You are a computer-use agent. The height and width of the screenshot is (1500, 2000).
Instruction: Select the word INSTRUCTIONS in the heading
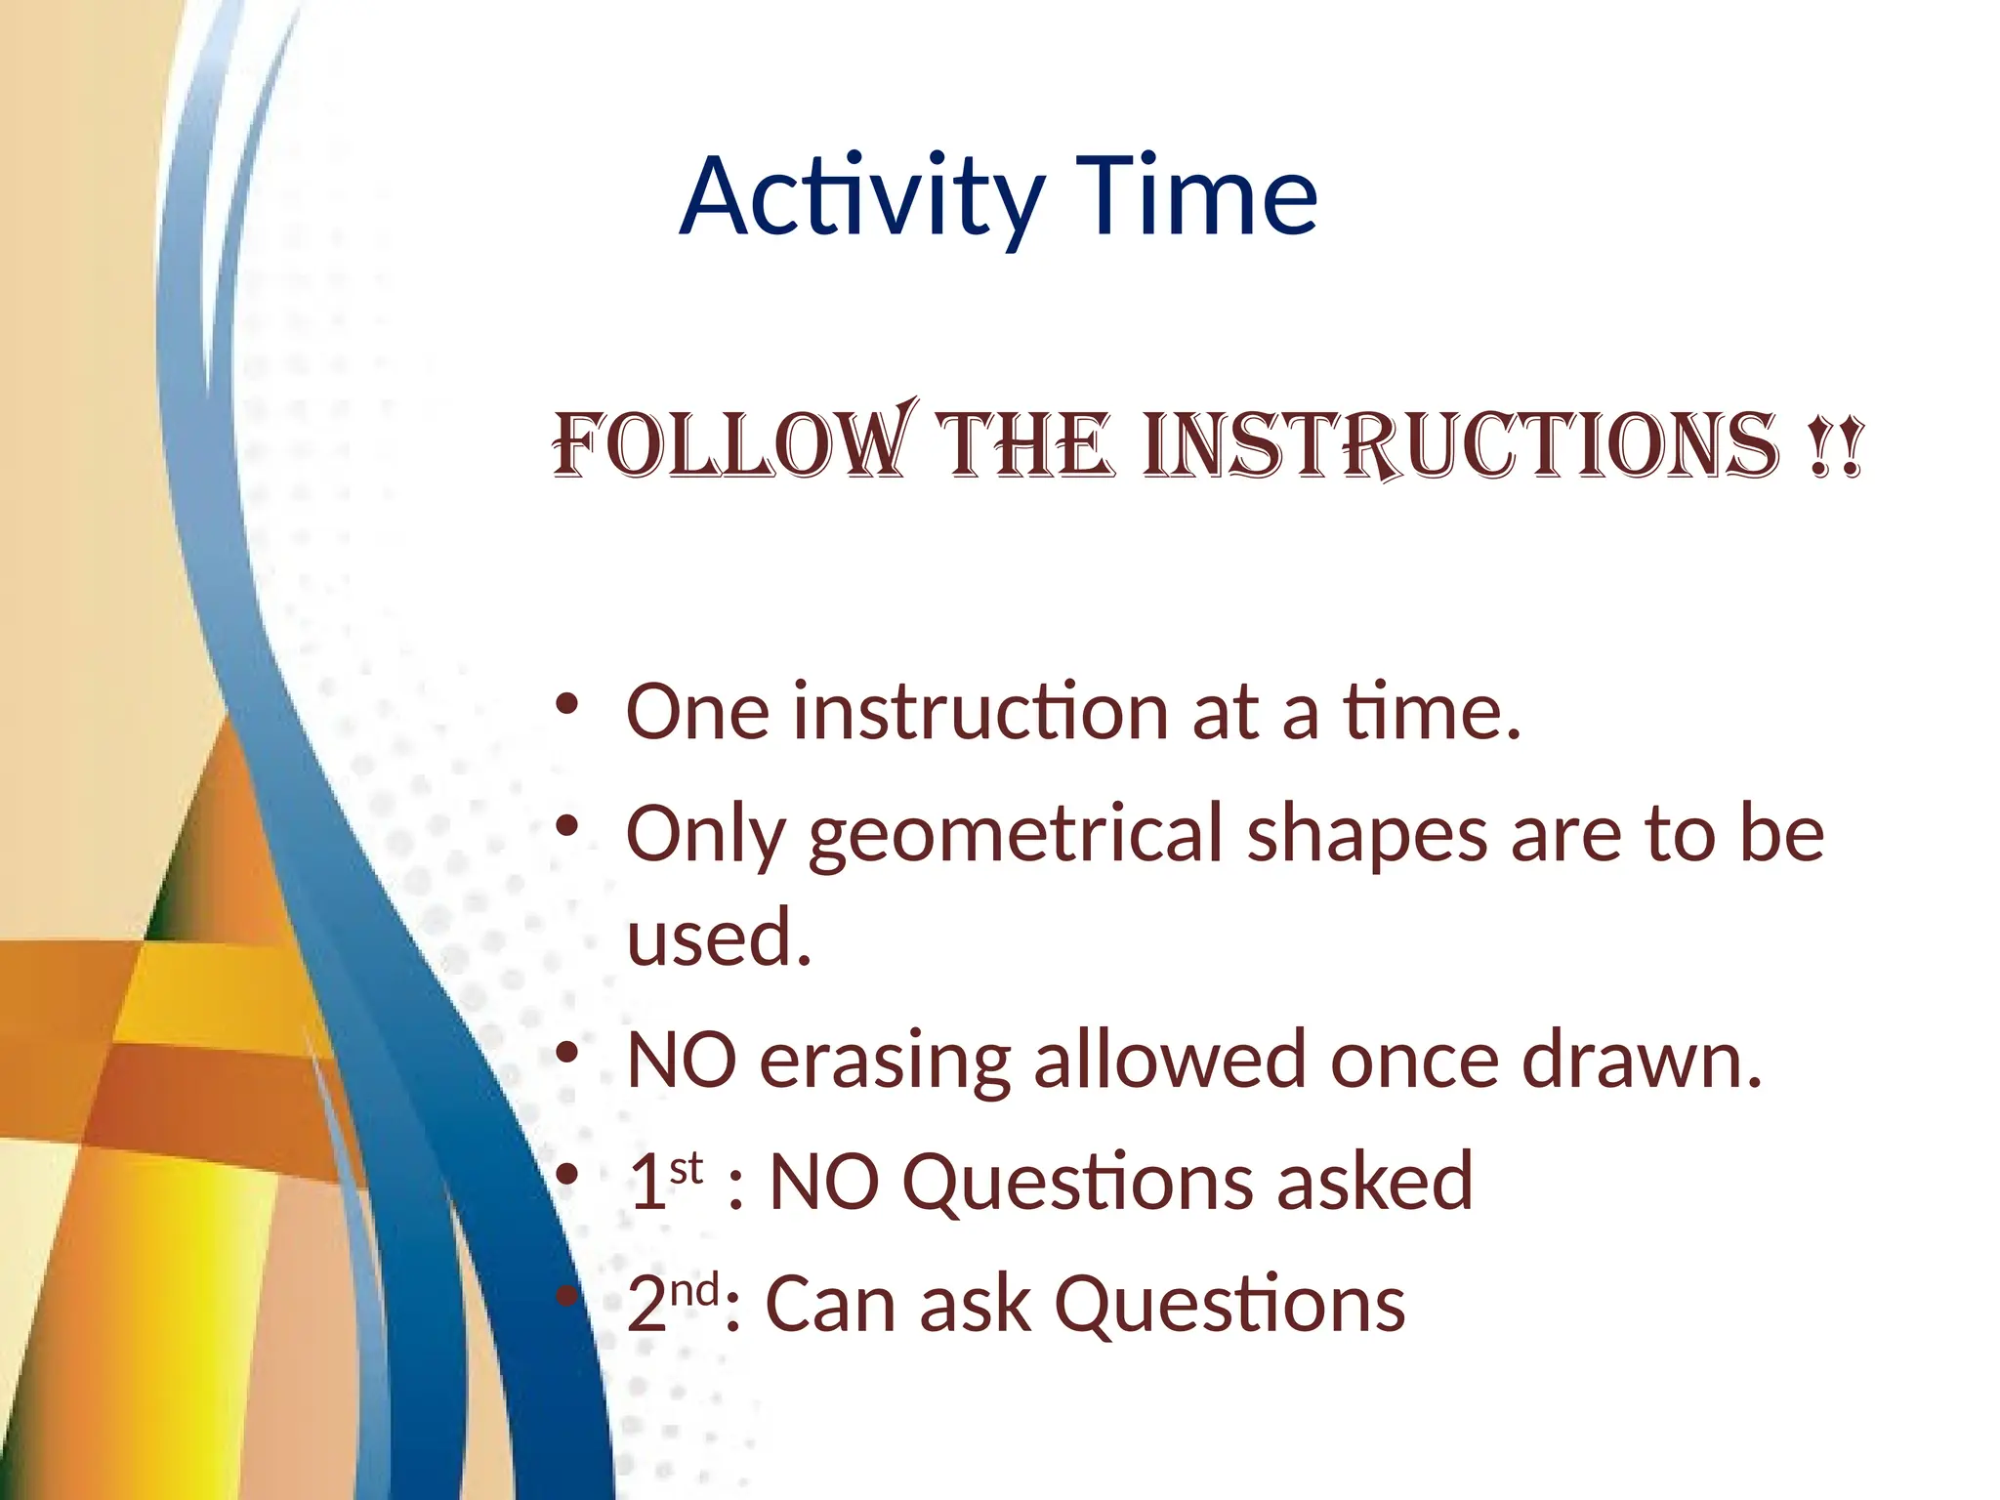pyautogui.click(x=1460, y=446)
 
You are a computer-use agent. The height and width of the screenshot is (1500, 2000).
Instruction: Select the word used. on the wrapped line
pyautogui.click(x=719, y=937)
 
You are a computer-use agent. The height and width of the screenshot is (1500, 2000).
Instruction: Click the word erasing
pyautogui.click(x=885, y=1062)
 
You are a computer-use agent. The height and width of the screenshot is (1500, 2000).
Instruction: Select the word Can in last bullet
pyautogui.click(x=829, y=1306)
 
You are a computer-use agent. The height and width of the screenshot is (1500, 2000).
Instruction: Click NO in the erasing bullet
pyautogui.click(x=682, y=1062)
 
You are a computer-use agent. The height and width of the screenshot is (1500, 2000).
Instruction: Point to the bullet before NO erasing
pyautogui.click(x=567, y=1054)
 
